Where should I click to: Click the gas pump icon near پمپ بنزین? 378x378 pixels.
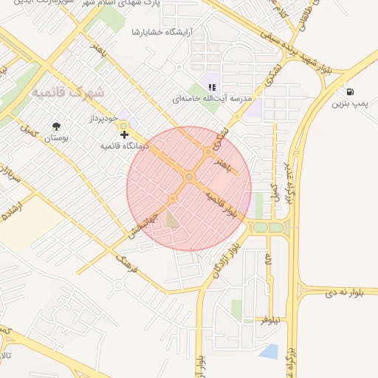point(348,92)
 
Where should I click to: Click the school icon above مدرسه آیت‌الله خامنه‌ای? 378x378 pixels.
point(213,87)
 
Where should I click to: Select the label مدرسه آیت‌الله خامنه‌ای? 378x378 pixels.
point(212,98)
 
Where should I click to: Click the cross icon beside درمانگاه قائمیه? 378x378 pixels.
point(124,134)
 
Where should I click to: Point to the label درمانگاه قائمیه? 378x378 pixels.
point(125,146)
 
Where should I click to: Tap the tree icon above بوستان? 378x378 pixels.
point(57,126)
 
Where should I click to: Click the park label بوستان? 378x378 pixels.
point(57,138)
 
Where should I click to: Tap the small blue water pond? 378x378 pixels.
point(269,352)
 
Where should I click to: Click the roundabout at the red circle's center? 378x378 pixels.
point(189,177)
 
